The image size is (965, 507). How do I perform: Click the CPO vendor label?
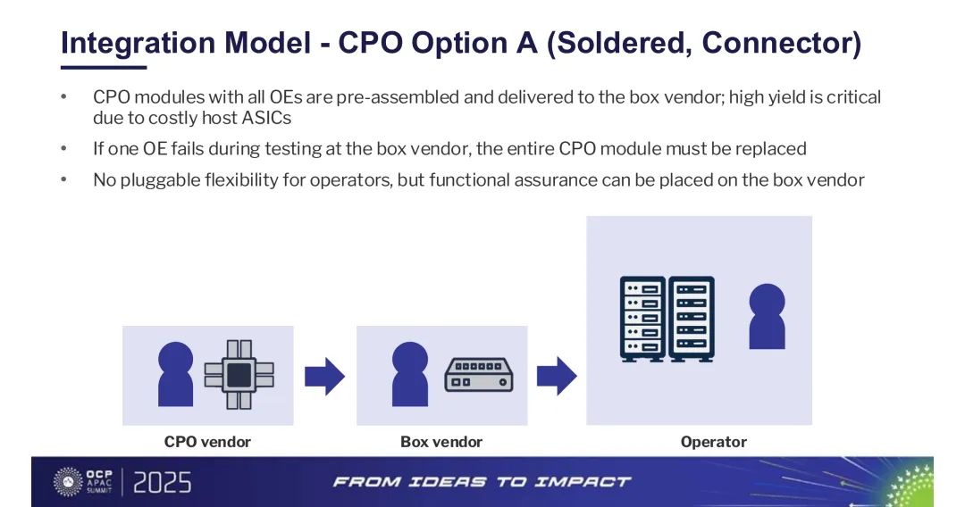click(x=207, y=442)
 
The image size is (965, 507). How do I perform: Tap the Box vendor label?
click(x=441, y=442)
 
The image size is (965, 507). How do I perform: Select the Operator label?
click(x=713, y=442)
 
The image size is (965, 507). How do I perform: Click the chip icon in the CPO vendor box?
click(x=239, y=374)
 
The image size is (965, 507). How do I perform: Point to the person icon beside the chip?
click(x=175, y=374)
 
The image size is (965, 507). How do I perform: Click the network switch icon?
click(x=479, y=375)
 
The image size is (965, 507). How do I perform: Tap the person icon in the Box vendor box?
click(x=410, y=374)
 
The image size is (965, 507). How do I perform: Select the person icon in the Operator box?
click(x=767, y=317)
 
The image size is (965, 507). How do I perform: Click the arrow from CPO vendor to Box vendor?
click(x=324, y=376)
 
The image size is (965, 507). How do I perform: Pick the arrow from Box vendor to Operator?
click(x=557, y=376)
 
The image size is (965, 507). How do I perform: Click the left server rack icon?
click(x=643, y=319)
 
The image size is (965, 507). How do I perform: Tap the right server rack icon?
click(x=691, y=319)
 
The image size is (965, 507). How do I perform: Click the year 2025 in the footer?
click(x=162, y=483)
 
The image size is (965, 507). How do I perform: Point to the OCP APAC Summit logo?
click(x=83, y=482)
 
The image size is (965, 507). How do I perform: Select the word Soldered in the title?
click(x=619, y=43)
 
